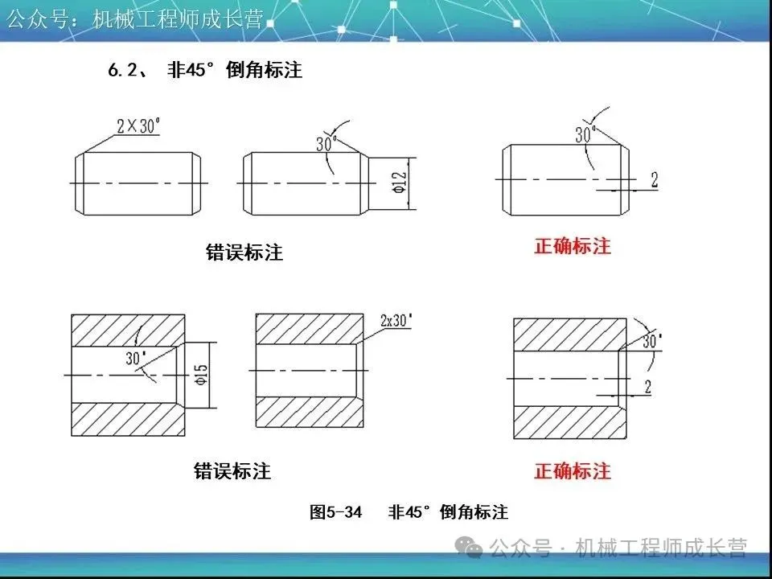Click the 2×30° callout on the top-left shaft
coord(138,125)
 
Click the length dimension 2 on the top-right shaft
coord(654,181)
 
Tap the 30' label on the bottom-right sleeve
coord(651,340)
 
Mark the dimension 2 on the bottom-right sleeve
coord(647,387)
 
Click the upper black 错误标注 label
coord(244,253)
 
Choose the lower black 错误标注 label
coord(232,471)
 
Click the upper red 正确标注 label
coord(572,247)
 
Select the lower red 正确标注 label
coord(572,471)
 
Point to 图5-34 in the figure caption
coord(336,512)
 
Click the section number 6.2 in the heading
coord(123,71)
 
